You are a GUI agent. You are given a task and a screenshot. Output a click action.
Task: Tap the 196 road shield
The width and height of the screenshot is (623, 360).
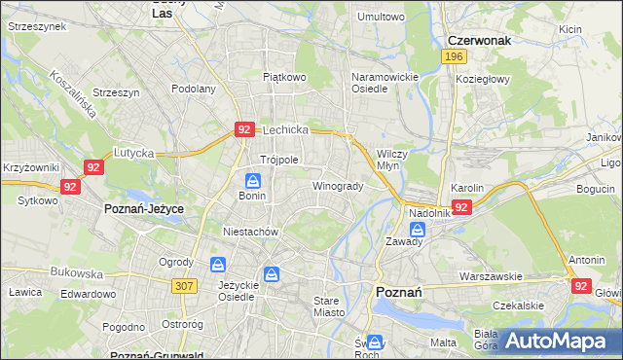click(x=452, y=58)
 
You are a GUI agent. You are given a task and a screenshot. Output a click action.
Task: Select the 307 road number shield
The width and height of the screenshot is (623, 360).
click(x=182, y=285)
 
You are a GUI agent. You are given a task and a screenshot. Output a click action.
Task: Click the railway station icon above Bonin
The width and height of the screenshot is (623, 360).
click(x=252, y=180)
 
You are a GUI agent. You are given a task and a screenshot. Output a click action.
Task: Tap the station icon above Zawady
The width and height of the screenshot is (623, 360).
click(x=418, y=230)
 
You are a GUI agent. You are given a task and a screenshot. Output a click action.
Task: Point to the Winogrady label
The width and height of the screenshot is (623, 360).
click(x=338, y=186)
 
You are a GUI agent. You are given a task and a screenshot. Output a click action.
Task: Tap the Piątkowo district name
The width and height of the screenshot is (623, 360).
click(x=284, y=75)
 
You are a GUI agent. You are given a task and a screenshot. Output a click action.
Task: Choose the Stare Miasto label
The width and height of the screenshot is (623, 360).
click(x=331, y=306)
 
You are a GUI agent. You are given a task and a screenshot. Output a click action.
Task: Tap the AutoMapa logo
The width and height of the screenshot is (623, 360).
click(x=558, y=341)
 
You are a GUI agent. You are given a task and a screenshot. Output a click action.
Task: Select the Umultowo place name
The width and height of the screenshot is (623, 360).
click(x=381, y=17)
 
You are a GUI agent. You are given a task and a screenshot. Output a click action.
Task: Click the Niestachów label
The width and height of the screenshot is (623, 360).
click(x=251, y=233)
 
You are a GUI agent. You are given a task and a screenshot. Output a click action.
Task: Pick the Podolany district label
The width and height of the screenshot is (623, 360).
click(x=193, y=89)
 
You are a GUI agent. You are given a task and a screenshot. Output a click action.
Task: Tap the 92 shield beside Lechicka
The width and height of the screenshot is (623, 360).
click(x=245, y=128)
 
